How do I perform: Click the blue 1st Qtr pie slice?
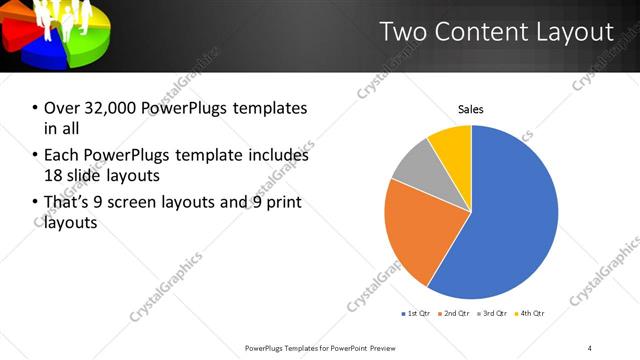pyautogui.click(x=510, y=220)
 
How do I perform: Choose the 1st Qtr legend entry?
pyautogui.click(x=416, y=314)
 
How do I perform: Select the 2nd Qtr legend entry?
pyautogui.click(x=455, y=314)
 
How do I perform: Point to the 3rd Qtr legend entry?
pyautogui.click(x=494, y=314)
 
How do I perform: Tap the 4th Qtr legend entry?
pyautogui.click(x=531, y=314)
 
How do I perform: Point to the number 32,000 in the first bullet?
pyautogui.click(x=110, y=107)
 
